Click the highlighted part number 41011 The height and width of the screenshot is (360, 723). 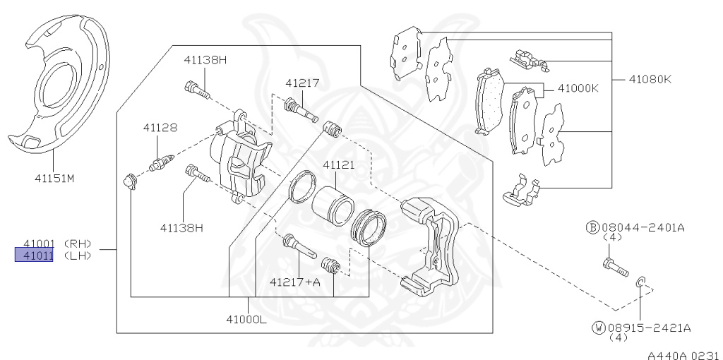coord(34,255)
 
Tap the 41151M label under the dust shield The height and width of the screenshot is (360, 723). coord(54,179)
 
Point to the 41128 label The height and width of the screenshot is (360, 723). coord(160,128)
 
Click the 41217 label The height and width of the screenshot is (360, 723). coord(302,83)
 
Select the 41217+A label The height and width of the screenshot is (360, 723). coord(294,282)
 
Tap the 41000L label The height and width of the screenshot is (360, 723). coord(246,320)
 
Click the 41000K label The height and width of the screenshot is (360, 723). coord(578,88)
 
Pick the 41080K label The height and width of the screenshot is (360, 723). coord(650,79)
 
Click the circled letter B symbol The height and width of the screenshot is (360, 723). coord(593,227)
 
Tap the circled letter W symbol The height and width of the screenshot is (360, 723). coord(599,328)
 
